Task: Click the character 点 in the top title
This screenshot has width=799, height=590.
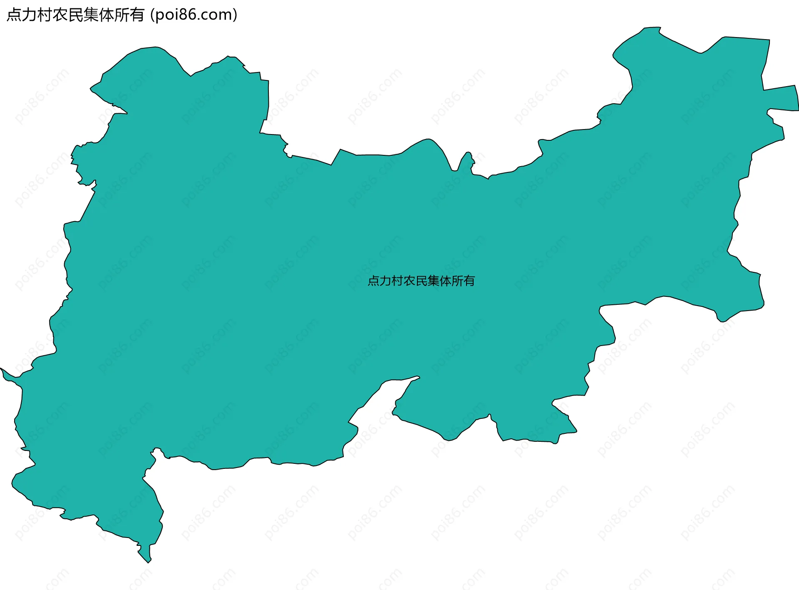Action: (x=14, y=15)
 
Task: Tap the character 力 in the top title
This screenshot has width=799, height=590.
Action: (x=29, y=15)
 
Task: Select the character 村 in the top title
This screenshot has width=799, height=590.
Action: (x=45, y=15)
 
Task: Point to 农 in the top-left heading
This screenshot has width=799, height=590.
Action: (x=60, y=15)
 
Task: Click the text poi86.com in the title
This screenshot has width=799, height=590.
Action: (x=194, y=15)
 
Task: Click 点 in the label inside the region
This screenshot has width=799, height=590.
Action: (x=373, y=281)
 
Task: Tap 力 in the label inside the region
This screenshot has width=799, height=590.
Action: (x=385, y=281)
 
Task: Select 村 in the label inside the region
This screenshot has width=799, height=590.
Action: (x=397, y=281)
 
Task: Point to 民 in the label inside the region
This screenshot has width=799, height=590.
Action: (x=421, y=281)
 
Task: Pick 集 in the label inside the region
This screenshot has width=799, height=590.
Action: (x=433, y=281)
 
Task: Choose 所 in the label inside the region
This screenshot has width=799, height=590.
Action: (x=457, y=281)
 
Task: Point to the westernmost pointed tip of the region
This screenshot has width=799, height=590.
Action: (x=2, y=369)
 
